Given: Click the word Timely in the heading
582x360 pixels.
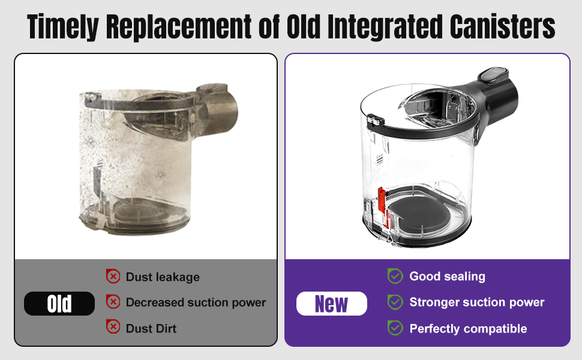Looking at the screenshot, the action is tap(63, 26).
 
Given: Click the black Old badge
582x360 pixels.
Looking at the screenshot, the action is tap(59, 304).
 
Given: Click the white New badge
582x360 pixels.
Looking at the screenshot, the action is tap(331, 304).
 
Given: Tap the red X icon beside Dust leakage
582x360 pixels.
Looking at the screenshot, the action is tap(113, 277).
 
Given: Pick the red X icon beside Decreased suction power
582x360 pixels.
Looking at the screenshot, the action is tap(113, 302).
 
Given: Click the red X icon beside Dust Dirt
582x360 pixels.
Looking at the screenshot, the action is tap(113, 326).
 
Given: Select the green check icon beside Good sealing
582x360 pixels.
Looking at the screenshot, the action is tap(395, 276).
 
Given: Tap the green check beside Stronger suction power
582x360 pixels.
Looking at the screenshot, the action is tap(395, 302).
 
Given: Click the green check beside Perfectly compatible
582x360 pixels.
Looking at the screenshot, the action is tap(395, 328).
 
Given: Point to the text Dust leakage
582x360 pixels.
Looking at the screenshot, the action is tap(163, 277).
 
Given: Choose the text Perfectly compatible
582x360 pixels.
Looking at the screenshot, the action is tap(468, 329).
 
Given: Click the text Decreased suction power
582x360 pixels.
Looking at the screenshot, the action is tap(196, 302).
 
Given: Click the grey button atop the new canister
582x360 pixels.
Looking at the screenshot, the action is tap(493, 74).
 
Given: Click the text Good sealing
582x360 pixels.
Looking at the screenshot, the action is tap(447, 277).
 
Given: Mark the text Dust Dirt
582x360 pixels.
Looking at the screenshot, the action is tap(151, 328).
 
